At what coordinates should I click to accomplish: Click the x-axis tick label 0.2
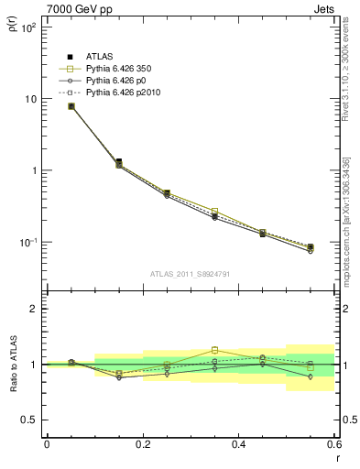[x=142, y=443]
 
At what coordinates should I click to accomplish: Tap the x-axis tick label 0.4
[x=238, y=443]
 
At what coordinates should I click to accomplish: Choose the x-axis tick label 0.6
[x=333, y=443]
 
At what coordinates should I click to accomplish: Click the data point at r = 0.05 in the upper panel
[x=71, y=106]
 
